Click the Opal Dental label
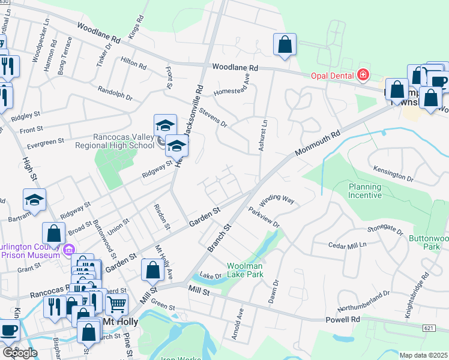tap(333, 76)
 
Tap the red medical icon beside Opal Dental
tap(363, 75)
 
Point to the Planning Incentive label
tap(365, 191)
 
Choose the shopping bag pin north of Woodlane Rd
tap(285, 45)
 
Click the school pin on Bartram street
tap(35, 200)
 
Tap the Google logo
tap(20, 352)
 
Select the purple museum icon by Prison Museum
tap(68, 249)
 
